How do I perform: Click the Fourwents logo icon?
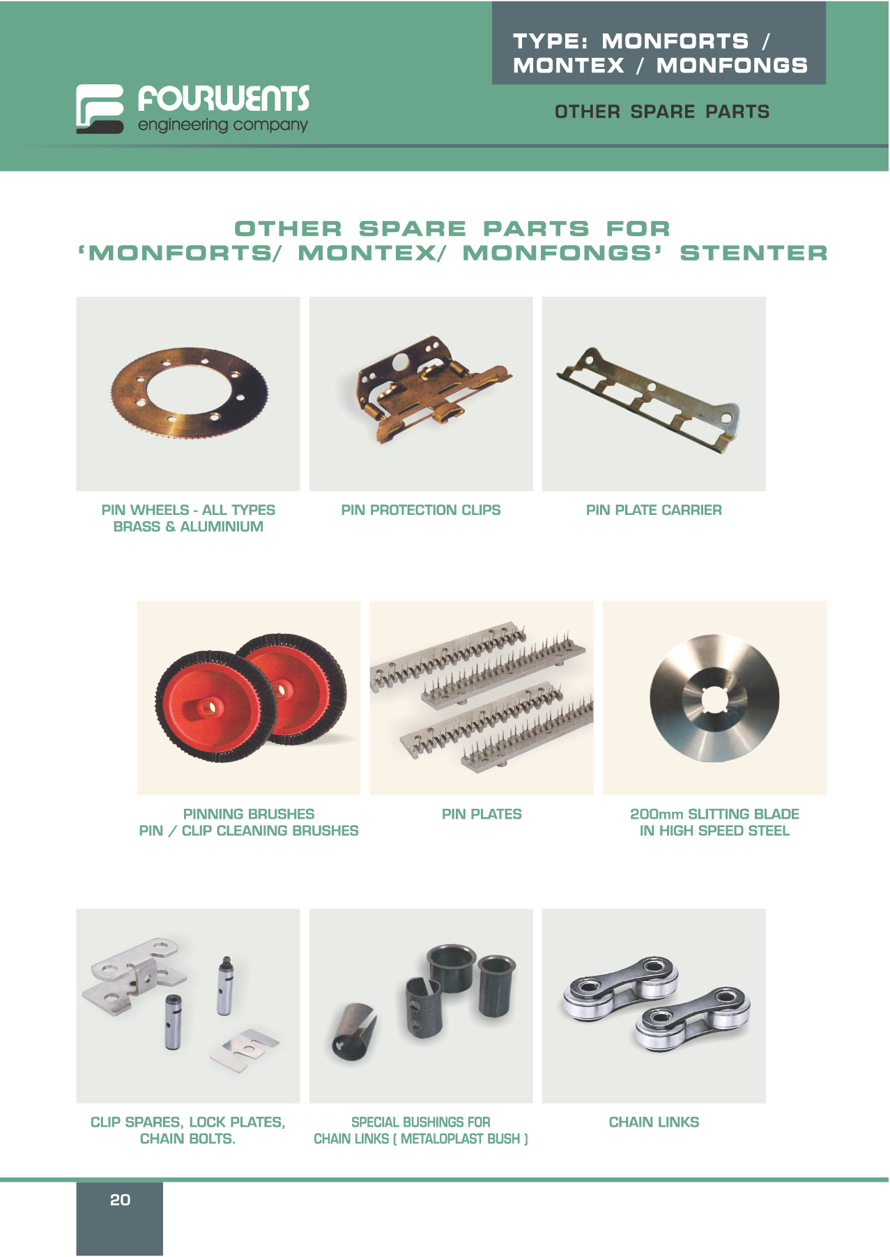click(100, 109)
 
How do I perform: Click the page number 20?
click(120, 1199)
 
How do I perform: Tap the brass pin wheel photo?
click(188, 394)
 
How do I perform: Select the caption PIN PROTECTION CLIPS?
click(421, 510)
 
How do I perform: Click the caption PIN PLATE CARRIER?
click(654, 510)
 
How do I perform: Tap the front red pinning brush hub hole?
click(208, 708)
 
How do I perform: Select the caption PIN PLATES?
click(482, 814)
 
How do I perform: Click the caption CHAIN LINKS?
click(654, 1122)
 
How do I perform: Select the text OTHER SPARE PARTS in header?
click(662, 111)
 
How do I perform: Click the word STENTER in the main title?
click(754, 253)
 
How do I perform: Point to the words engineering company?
click(223, 125)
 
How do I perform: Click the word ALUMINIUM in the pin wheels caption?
click(222, 527)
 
